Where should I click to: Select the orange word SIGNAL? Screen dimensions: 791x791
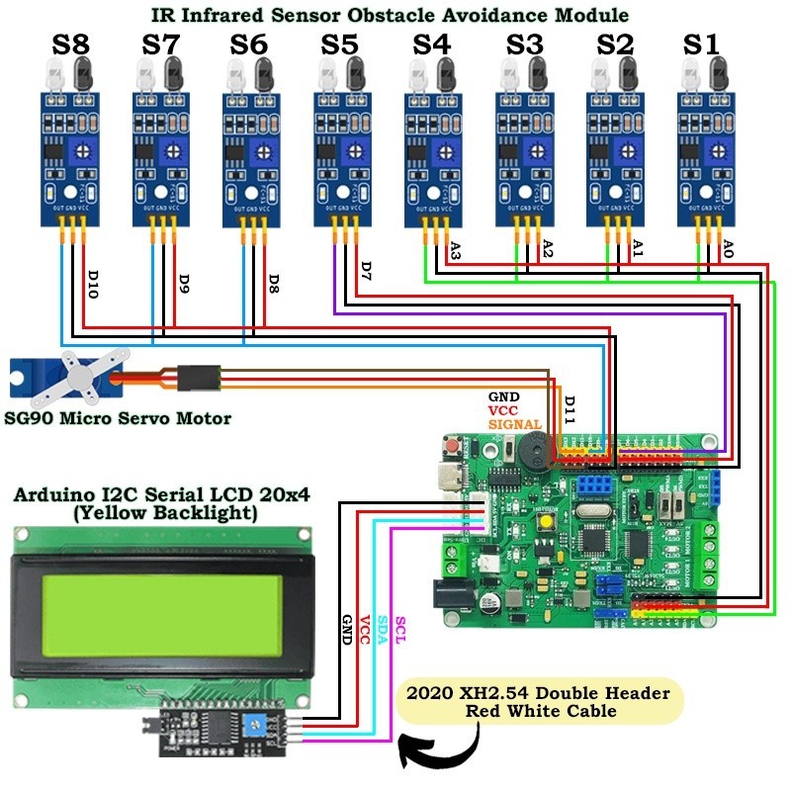coord(514,424)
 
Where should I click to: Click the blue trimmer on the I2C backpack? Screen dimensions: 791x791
coord(256,727)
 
